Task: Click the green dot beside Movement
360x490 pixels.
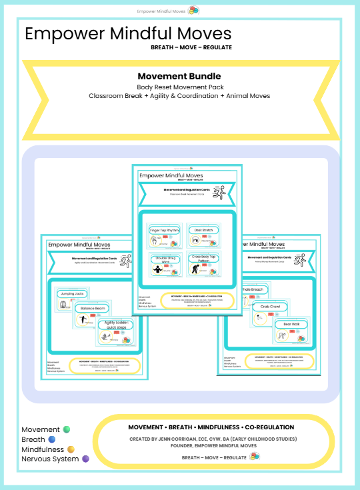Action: tap(66, 430)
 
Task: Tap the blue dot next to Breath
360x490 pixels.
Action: tap(51, 440)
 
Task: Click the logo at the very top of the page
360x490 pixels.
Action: tap(195, 11)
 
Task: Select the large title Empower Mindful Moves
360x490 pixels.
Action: tap(128, 34)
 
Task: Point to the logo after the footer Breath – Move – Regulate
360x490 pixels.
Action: tap(255, 457)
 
